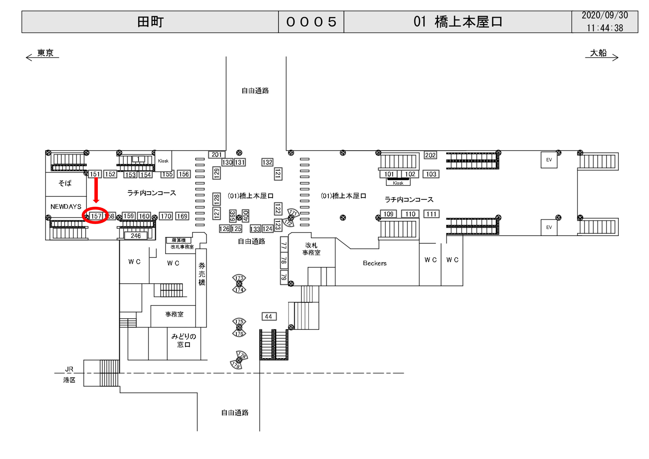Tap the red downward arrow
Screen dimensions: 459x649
point(96,190)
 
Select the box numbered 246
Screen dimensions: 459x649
point(136,236)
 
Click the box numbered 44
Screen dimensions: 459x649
point(269,316)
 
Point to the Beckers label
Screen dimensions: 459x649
point(375,263)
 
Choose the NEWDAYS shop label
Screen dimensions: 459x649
point(66,207)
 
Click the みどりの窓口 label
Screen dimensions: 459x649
point(184,340)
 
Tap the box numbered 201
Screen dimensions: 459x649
point(217,155)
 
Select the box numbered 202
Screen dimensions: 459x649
point(430,155)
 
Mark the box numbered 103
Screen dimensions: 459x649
point(431,174)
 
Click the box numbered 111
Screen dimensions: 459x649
point(431,214)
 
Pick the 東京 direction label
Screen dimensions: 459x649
point(45,53)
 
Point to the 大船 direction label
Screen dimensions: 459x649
point(598,53)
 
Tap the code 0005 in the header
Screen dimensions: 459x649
point(311,22)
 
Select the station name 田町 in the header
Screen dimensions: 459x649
point(150,22)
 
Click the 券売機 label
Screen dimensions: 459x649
point(201,274)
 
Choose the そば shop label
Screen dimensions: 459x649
point(65,183)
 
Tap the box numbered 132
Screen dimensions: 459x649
point(267,162)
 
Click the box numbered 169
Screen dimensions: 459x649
point(182,216)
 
